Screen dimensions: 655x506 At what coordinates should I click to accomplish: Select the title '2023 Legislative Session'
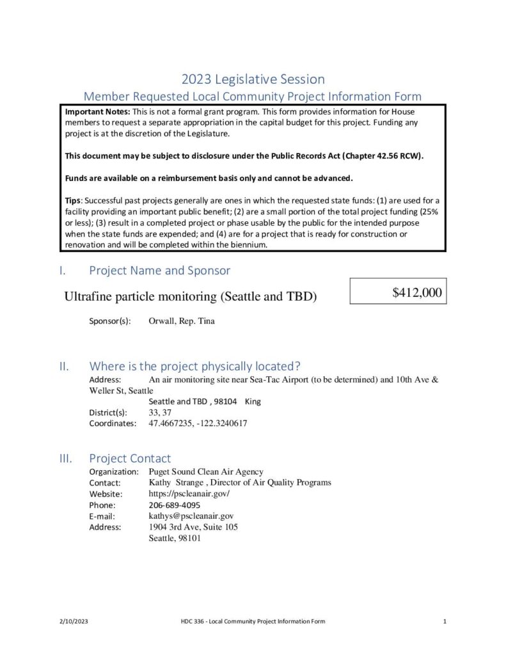[x=253, y=79]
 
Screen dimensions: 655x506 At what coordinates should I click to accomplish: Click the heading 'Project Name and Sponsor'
[x=159, y=271]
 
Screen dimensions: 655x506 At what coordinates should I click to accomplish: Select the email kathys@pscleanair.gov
[x=191, y=516]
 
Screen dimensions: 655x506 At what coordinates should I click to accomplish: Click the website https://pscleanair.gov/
[x=189, y=494]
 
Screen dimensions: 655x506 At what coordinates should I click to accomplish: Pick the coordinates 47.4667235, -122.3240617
[x=198, y=423]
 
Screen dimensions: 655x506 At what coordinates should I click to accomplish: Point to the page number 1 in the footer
[x=444, y=621]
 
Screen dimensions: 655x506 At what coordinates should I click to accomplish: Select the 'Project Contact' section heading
[x=130, y=458]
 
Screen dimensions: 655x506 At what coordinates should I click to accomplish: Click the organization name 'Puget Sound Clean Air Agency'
[x=205, y=472]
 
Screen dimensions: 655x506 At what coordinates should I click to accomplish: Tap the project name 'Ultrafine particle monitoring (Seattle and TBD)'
[x=191, y=297]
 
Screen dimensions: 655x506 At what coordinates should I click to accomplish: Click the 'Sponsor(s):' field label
[x=110, y=320]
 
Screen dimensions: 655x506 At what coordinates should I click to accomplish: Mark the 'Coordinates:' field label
[x=113, y=423]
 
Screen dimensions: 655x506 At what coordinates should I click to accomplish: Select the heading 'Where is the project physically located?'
[x=195, y=367]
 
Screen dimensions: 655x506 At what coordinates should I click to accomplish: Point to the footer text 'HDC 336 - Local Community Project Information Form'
[x=253, y=621]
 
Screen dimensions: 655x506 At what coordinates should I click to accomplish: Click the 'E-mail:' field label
[x=101, y=516]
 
